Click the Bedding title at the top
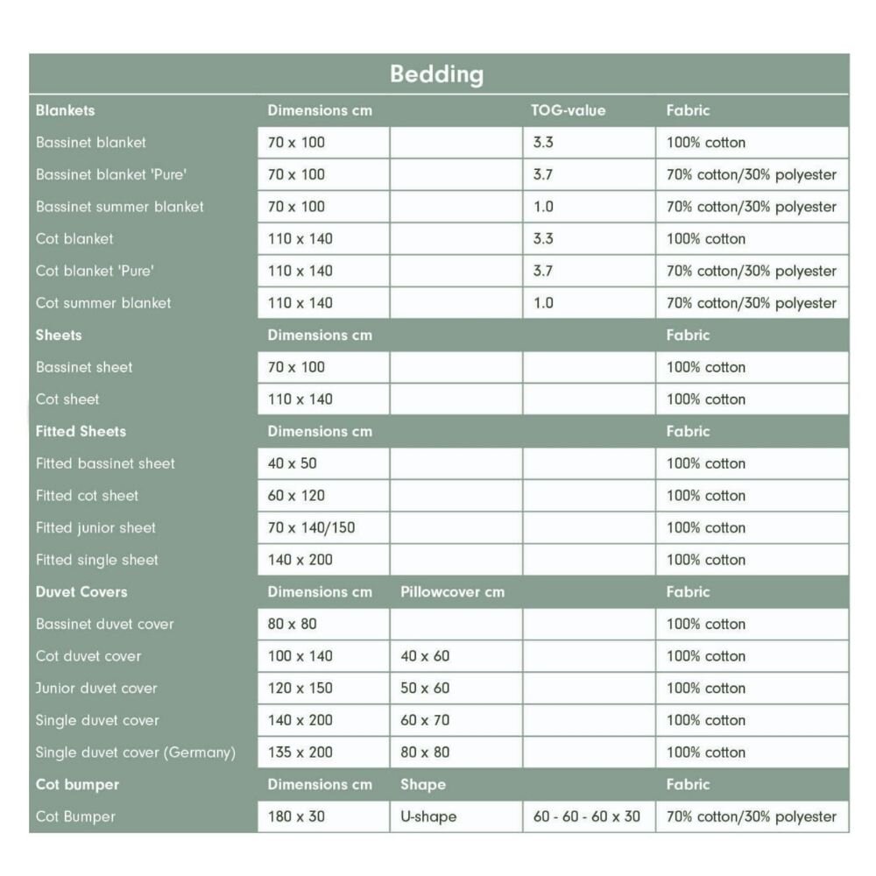click(436, 74)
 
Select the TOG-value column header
click(568, 110)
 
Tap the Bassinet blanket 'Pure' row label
click(111, 174)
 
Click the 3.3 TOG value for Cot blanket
click(543, 238)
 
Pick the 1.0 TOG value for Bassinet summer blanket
click(543, 207)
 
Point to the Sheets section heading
click(59, 335)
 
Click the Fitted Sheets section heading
click(81, 431)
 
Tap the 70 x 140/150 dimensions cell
click(311, 527)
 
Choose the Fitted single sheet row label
click(97, 560)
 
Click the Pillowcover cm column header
click(452, 591)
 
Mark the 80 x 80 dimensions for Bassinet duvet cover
click(293, 624)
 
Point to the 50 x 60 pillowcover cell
click(425, 688)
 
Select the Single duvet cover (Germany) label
click(136, 752)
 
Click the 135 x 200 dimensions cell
click(300, 752)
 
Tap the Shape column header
click(423, 784)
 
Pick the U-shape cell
click(428, 816)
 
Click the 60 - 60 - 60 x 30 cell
click(587, 816)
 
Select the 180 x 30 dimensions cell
click(296, 816)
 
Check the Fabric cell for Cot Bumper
click(752, 816)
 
